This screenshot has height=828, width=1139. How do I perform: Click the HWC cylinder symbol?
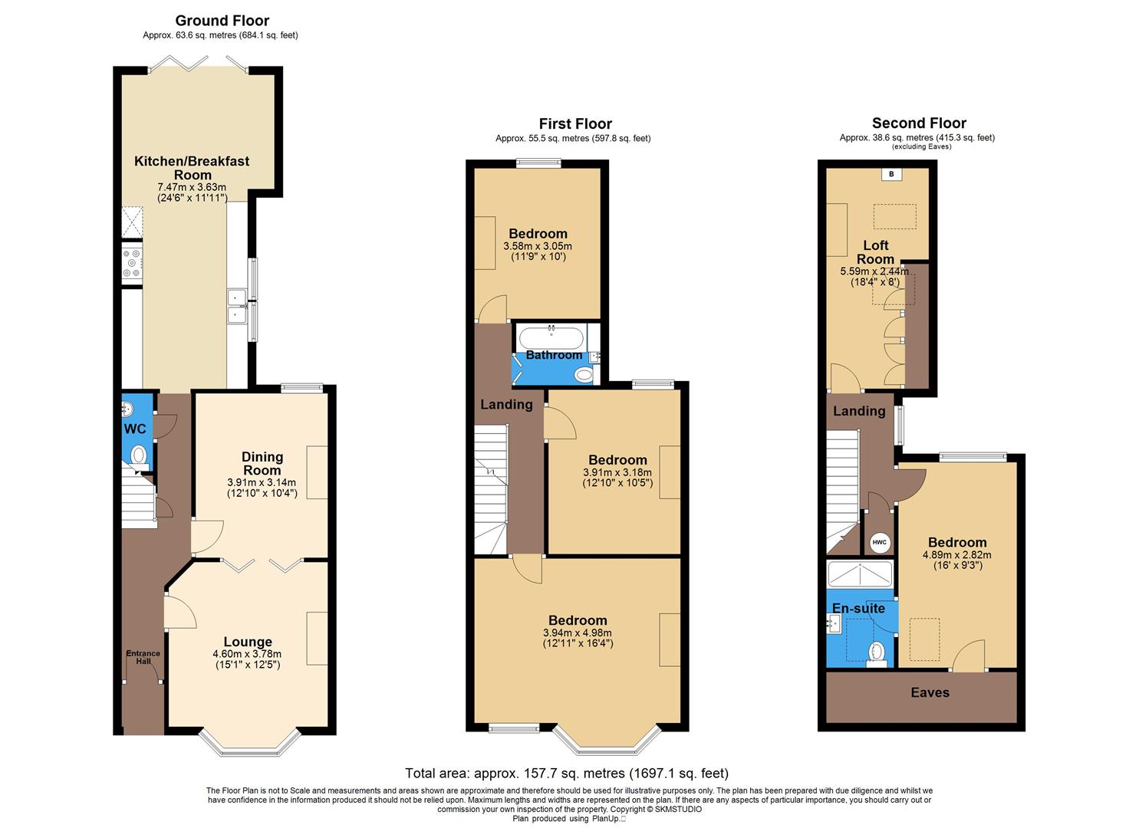(x=879, y=542)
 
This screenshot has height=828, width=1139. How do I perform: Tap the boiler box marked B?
(x=891, y=174)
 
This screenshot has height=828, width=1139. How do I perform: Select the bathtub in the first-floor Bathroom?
(x=551, y=337)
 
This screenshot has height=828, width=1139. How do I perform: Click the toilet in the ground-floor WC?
(x=139, y=455)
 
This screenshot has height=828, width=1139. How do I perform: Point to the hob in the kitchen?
(x=132, y=263)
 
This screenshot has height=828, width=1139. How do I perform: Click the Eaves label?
(x=930, y=692)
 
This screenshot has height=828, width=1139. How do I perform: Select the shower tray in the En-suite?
(x=860, y=574)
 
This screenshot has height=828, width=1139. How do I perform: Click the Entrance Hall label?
(x=143, y=657)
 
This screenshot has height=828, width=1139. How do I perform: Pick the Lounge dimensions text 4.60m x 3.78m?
(x=247, y=654)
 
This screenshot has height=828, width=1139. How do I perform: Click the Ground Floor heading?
(x=222, y=21)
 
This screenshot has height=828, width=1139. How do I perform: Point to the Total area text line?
(x=567, y=773)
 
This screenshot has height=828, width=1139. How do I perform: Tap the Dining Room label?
(x=262, y=463)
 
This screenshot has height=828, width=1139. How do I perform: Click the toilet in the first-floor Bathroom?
(x=584, y=375)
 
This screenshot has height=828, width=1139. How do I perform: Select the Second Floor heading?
(x=919, y=123)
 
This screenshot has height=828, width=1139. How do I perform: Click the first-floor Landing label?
(x=506, y=404)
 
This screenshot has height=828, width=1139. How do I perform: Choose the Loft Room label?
(x=875, y=251)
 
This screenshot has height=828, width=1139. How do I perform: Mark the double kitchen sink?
(x=236, y=305)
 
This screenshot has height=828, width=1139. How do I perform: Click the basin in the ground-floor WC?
(x=128, y=410)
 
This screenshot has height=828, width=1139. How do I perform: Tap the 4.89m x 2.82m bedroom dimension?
(x=956, y=555)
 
